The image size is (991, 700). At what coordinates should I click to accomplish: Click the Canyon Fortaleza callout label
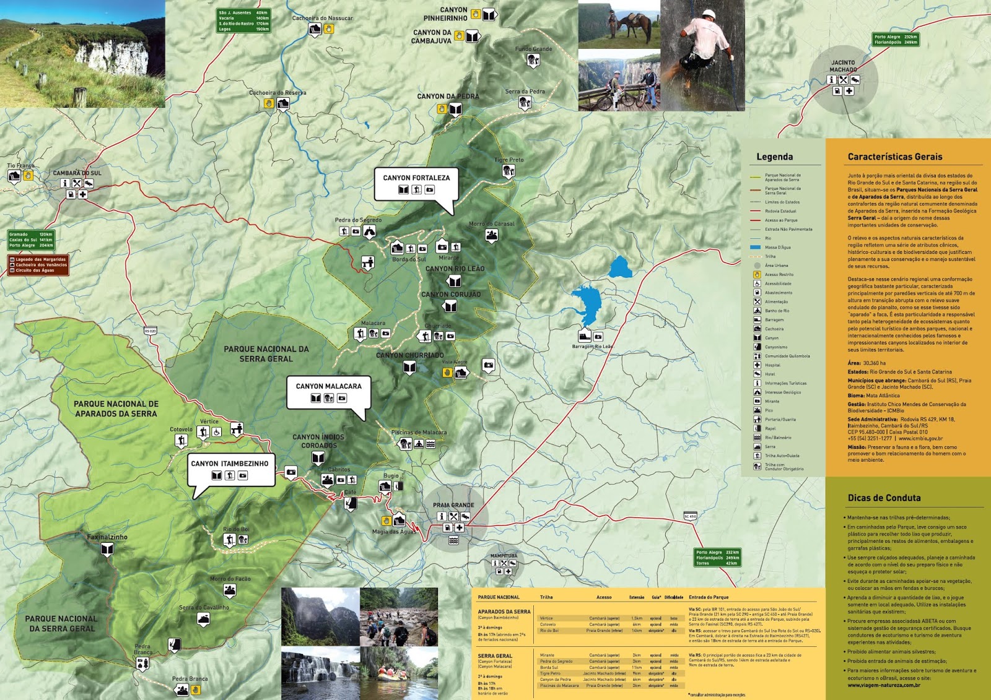pos(416,178)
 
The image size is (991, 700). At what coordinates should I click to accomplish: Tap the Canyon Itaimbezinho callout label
pos(230,464)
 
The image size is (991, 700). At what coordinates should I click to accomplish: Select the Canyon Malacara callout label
pos(328,386)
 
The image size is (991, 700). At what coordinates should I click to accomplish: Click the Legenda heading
pos(774,157)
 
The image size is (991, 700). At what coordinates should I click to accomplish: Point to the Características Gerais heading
pos(894,157)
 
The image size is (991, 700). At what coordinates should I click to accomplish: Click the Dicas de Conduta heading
pos(884,498)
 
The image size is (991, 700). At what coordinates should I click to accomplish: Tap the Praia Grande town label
pos(453,505)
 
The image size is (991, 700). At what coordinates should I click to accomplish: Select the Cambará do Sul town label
pos(77,173)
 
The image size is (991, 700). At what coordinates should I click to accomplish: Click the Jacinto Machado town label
pos(843,66)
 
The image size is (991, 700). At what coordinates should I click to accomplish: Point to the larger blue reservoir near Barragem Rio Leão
pos(587,304)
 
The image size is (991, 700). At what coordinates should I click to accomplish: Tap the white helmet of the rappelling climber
pos(709,14)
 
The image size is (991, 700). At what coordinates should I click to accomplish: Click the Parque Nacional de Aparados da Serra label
pos(116,408)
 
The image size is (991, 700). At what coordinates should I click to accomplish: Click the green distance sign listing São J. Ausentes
pos(243,20)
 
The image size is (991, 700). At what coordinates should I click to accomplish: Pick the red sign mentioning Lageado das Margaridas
pos(38,265)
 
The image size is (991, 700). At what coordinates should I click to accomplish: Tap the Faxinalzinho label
pos(107,537)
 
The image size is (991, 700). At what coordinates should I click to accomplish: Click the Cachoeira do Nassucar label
pos(322,18)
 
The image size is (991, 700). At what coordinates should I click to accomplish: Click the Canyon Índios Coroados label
pos(318,441)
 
